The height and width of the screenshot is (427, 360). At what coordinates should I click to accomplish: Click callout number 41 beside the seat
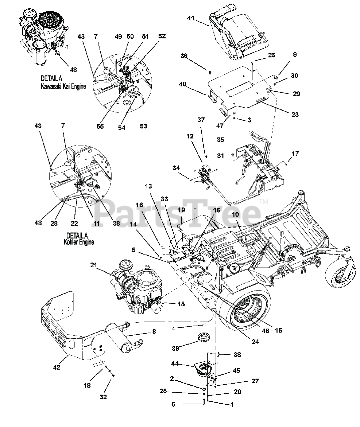[x=190, y=19]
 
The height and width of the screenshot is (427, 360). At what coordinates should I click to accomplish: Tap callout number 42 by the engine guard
[x=57, y=367]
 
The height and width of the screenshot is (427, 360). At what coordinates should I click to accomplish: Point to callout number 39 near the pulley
[x=175, y=348]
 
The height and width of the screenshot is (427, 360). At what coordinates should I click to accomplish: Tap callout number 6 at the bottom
[x=173, y=404]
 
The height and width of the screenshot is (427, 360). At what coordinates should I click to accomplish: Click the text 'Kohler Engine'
[x=79, y=242]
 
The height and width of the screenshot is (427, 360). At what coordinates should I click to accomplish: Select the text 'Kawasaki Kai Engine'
[x=63, y=86]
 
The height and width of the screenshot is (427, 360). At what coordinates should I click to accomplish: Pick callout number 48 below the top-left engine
[x=73, y=69]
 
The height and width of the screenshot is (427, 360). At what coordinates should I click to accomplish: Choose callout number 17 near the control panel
[x=295, y=153]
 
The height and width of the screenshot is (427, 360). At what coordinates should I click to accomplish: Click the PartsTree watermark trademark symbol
[x=263, y=201]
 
